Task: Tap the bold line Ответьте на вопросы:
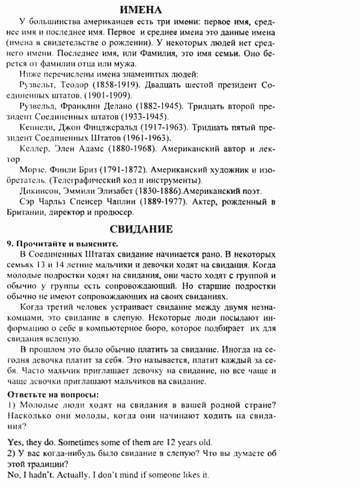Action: coord(53,394)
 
